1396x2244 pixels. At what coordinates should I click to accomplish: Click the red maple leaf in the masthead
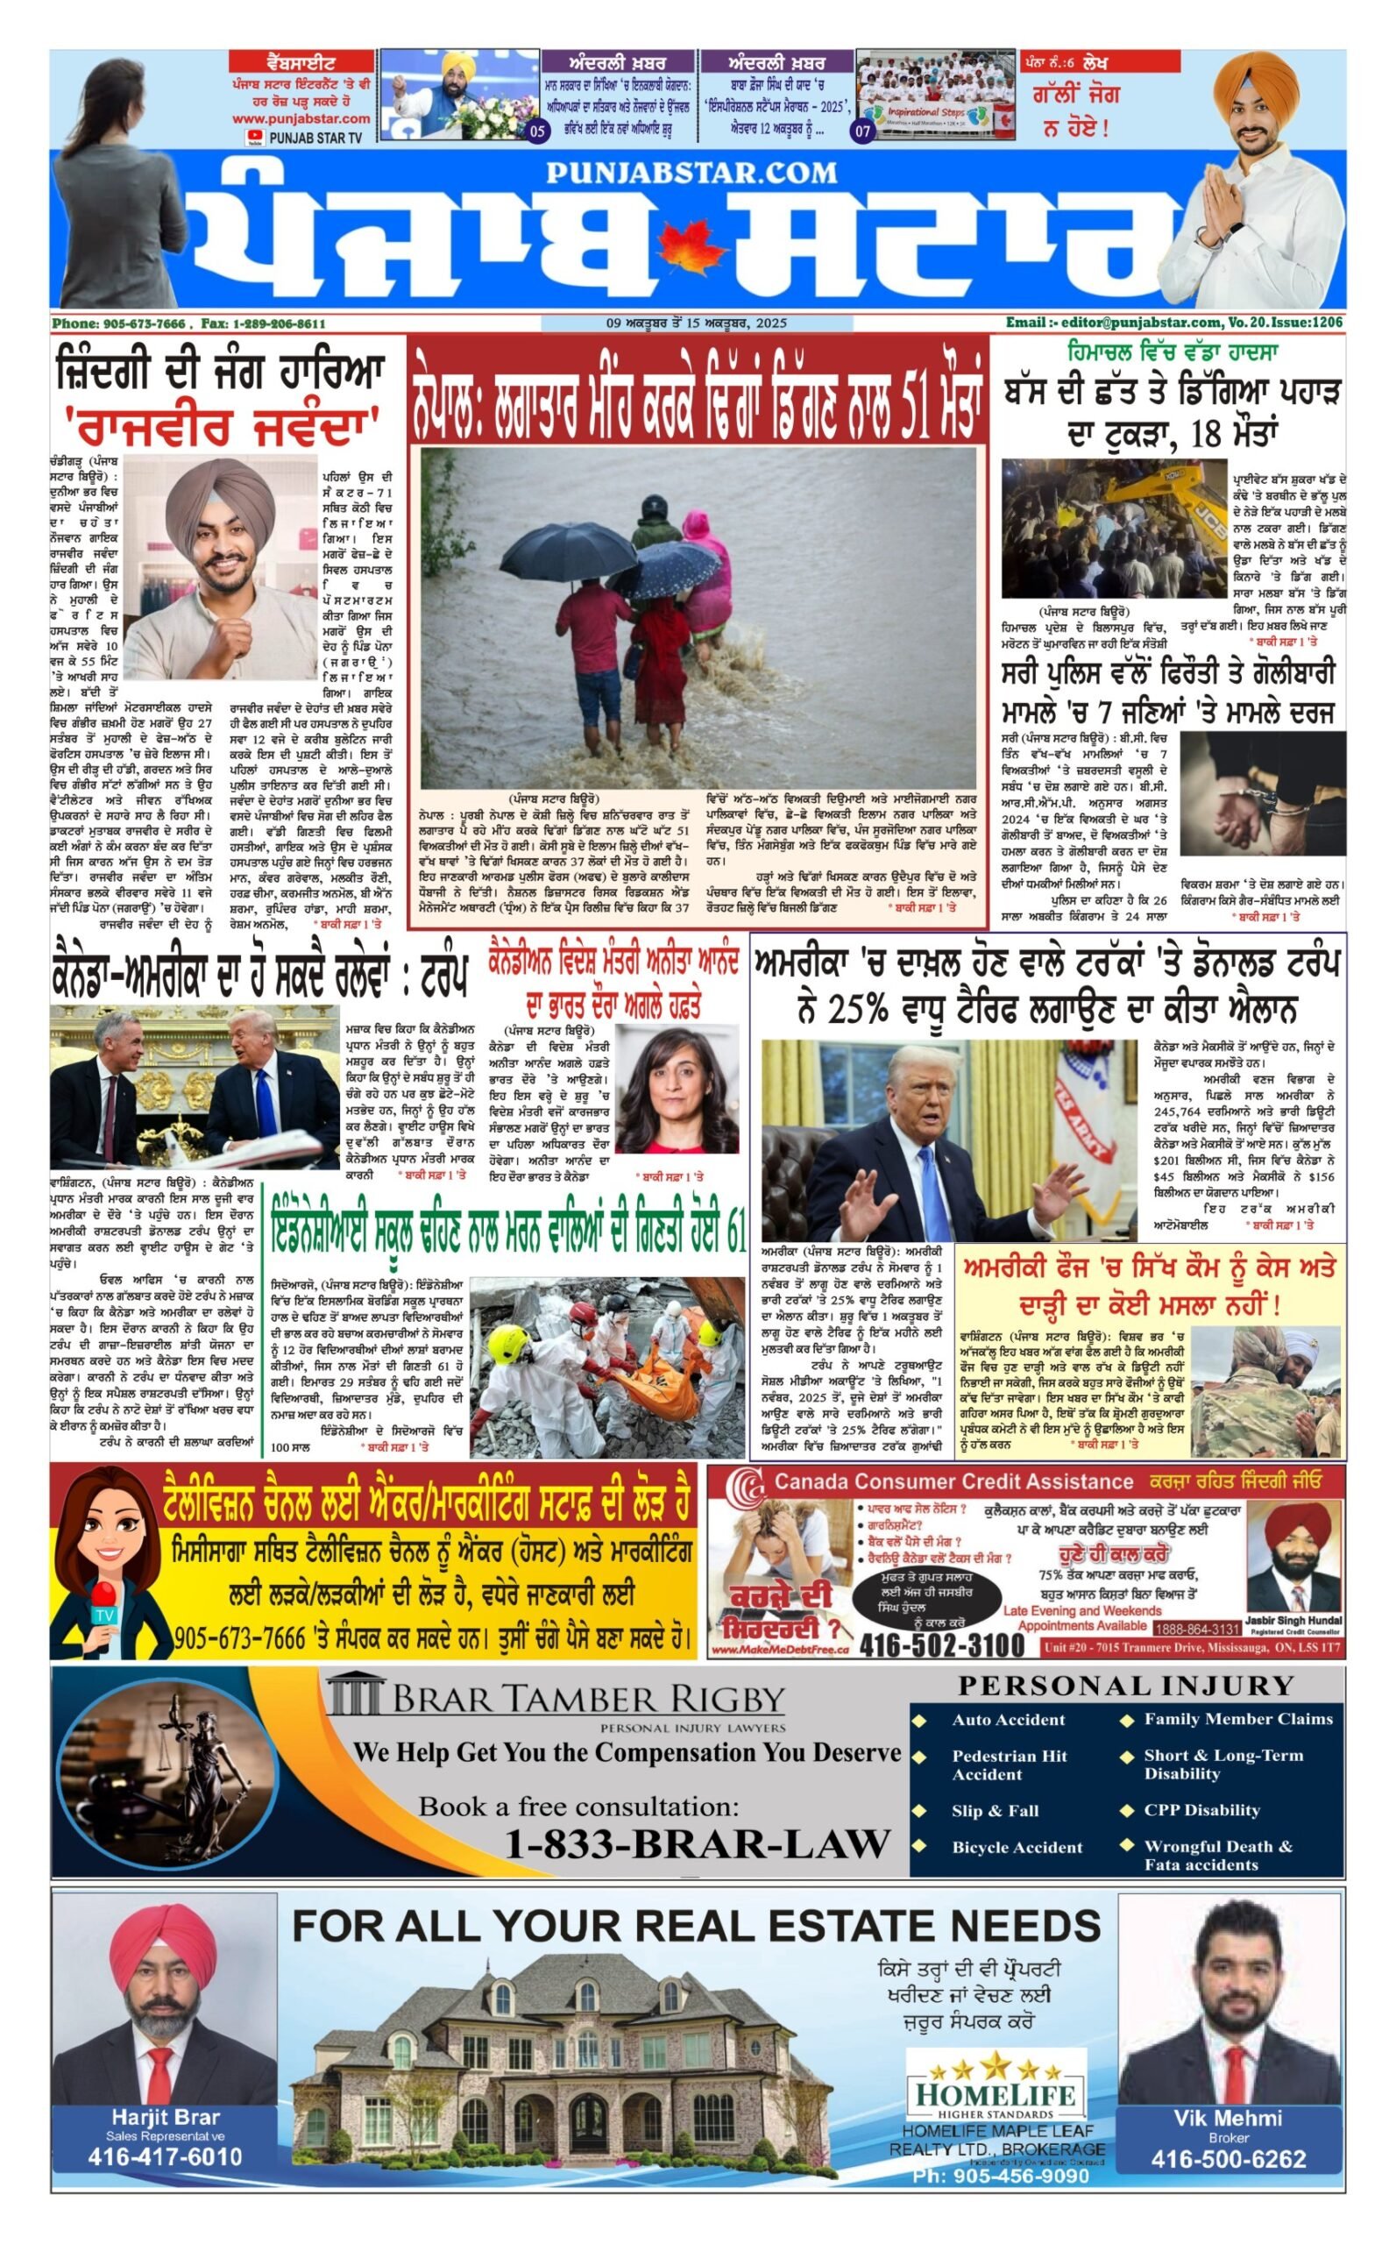tap(691, 250)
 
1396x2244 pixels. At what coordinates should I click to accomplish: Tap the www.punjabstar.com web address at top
tap(301, 119)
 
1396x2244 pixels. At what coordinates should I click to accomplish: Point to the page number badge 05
tap(537, 131)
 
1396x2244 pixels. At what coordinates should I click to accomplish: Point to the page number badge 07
tap(862, 131)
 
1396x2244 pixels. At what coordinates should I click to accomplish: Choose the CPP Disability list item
tap(1201, 1810)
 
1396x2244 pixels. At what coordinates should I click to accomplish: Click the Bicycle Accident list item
tap(1017, 1847)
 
